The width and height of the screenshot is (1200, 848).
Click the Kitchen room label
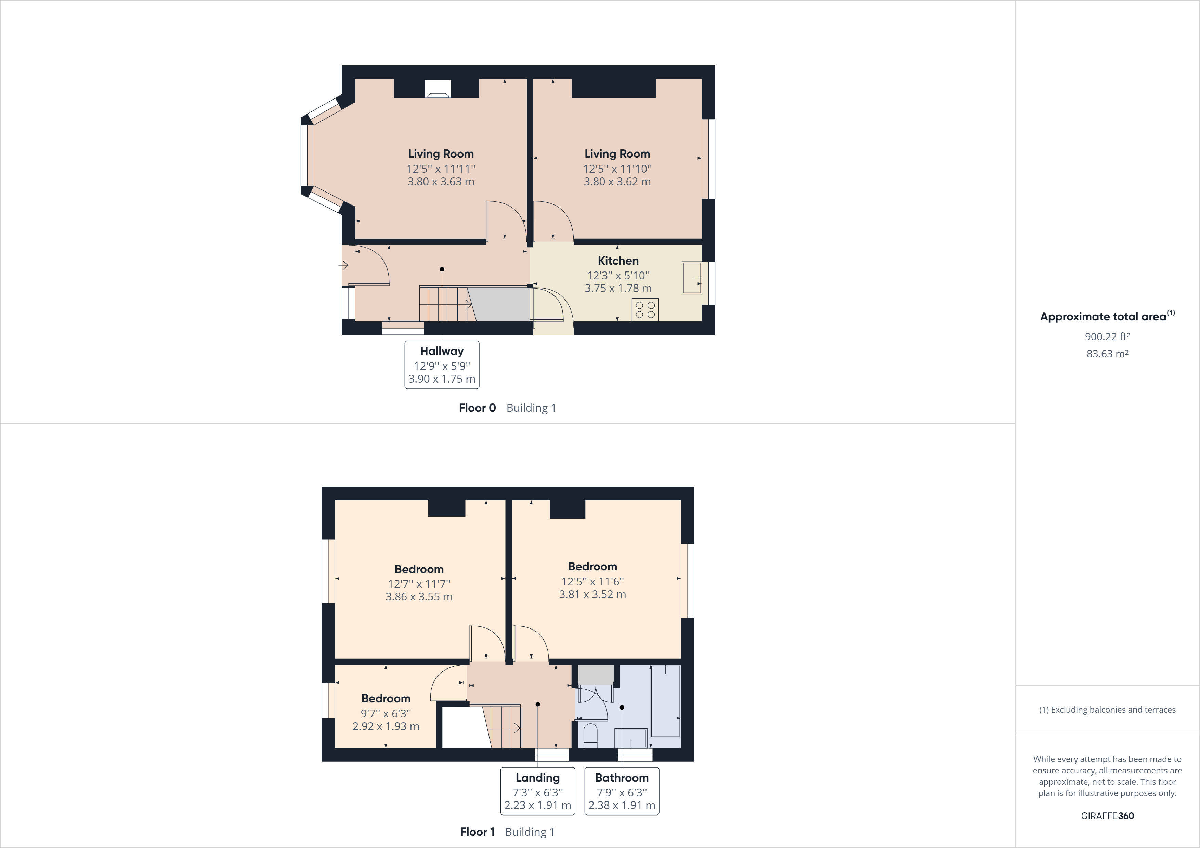point(618,261)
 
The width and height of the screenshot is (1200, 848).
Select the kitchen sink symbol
point(691,278)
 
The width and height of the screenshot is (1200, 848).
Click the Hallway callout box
point(442,365)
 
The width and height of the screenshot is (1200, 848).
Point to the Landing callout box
point(537,791)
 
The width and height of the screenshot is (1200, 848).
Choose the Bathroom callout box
point(622,791)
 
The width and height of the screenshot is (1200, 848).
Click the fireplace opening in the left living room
point(438,89)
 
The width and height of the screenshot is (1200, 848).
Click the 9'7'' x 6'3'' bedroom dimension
point(386,713)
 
